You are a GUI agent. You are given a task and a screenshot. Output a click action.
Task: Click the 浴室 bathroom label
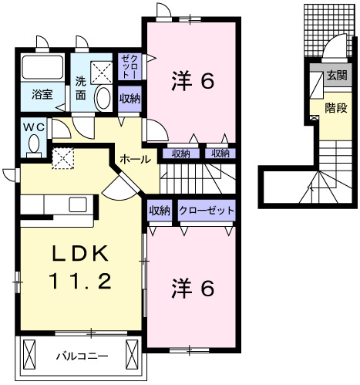click(x=42, y=95)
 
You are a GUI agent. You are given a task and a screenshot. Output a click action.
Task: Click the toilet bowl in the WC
click(x=33, y=144)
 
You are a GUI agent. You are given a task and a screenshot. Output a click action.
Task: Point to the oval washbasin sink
click(x=103, y=98)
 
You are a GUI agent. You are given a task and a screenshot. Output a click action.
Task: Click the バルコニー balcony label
click(x=82, y=356)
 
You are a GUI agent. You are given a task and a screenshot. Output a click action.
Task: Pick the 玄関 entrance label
click(x=336, y=76)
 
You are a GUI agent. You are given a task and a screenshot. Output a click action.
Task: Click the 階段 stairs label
click(x=335, y=109)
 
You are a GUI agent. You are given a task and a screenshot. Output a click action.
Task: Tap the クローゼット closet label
click(x=207, y=211)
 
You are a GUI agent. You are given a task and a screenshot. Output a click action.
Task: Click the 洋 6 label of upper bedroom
click(x=190, y=80)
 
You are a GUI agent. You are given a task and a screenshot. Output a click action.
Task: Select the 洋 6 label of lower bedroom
click(x=190, y=288)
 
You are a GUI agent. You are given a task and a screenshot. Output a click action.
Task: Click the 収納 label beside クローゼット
click(x=160, y=211)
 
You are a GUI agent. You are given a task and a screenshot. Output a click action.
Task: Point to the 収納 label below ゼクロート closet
click(x=130, y=98)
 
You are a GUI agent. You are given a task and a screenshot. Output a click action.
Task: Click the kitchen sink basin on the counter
click(x=78, y=204)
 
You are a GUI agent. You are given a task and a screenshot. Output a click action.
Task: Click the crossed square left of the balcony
click(x=30, y=356)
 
